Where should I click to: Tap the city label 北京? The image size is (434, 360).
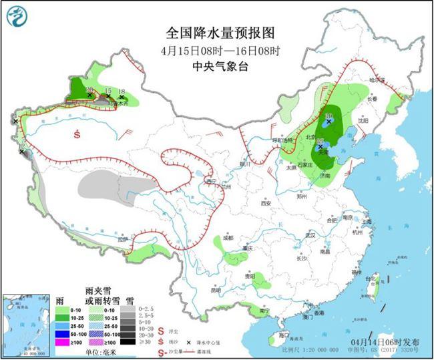pos(308,137)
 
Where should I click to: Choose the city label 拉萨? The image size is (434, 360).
pos(123,238)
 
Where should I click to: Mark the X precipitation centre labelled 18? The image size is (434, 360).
pos(121,98)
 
